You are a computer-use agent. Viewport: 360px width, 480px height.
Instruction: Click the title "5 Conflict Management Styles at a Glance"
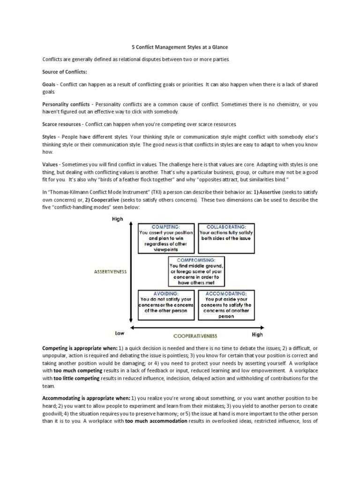(180, 47)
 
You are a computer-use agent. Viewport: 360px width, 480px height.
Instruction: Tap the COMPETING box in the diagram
(166, 238)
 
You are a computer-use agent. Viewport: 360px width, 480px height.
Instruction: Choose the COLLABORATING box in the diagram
(226, 233)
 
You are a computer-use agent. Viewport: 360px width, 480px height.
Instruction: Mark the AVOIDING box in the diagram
(166, 305)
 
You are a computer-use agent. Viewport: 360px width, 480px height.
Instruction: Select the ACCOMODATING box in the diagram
(226, 305)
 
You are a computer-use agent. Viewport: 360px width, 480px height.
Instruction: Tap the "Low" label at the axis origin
(120, 333)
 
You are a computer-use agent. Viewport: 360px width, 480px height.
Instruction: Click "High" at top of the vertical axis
(117, 219)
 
